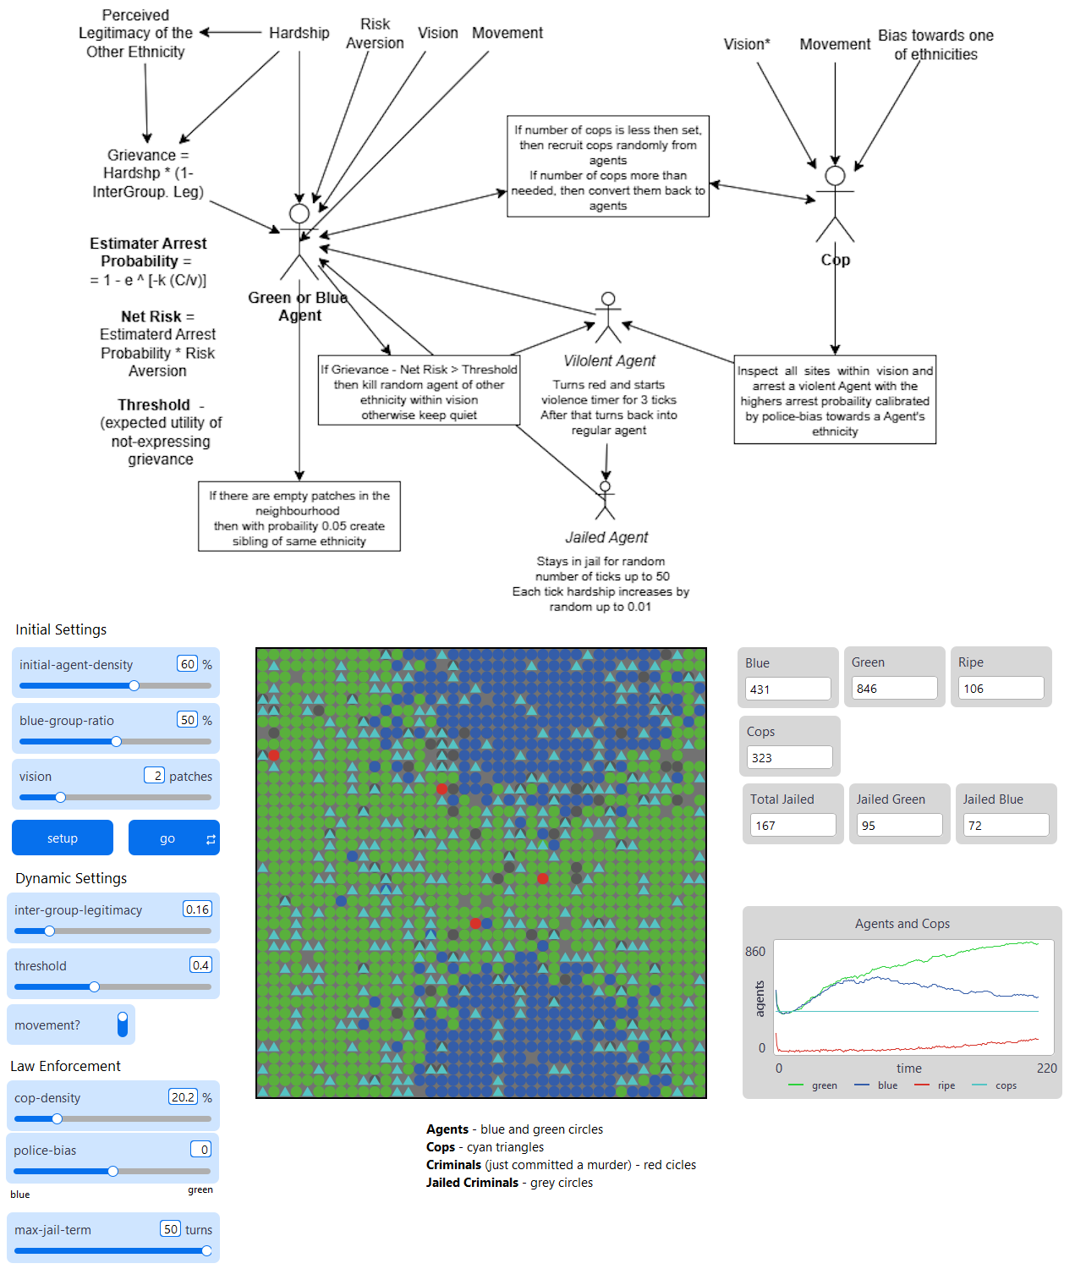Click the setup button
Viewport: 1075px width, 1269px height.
63,838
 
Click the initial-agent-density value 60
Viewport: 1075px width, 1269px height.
187,664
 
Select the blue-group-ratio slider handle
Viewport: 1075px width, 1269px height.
117,742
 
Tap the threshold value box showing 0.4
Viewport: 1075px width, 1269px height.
200,965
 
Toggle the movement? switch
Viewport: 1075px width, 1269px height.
123,1025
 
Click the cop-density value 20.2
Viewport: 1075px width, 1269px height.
183,1097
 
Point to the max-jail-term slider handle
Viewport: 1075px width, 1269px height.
206,1250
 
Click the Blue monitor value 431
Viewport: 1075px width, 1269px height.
787,689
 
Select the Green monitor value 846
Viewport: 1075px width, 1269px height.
894,689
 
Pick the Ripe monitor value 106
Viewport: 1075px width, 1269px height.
1001,689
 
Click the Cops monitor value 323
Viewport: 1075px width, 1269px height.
789,758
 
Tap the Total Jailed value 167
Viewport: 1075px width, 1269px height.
793,826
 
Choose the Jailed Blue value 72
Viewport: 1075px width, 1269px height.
1006,826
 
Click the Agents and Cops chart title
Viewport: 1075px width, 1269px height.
902,924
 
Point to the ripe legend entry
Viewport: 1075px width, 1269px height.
946,1085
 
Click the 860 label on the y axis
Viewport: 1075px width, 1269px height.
755,952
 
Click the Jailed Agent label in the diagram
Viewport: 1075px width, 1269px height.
606,537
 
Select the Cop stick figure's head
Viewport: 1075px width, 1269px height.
835,176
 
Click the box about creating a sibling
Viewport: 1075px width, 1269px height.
299,518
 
